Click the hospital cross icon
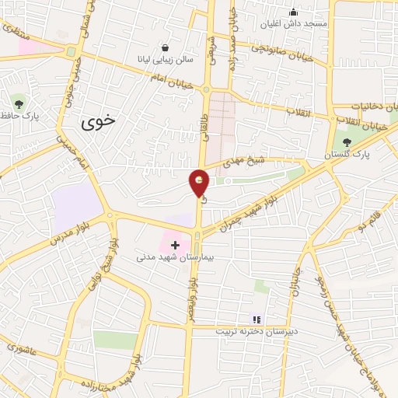point(175,246)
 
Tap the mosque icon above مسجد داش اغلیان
point(293,12)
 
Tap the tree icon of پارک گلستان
point(347,141)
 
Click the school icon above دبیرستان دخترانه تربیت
point(257,319)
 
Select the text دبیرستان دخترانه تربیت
point(256,331)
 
